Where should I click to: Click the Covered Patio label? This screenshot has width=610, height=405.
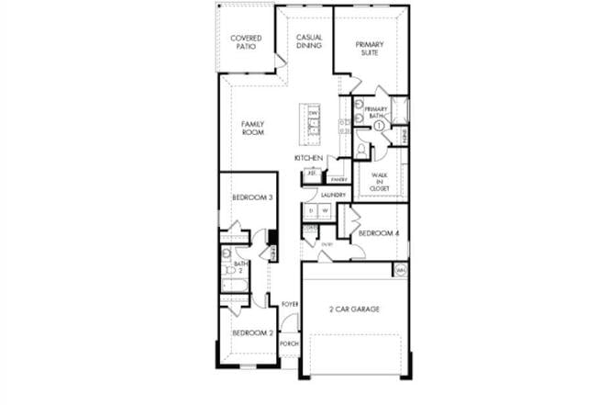246,42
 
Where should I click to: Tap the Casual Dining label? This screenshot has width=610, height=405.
308,40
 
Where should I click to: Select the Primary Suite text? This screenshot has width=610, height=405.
370,48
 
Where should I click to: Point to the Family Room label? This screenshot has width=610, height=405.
253,128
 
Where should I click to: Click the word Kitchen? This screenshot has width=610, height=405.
308,159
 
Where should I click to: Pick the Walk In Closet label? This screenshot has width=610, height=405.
380,181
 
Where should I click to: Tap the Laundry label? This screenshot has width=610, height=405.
332,196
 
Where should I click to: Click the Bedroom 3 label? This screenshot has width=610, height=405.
251,197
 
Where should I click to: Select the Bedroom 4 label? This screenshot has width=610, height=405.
378,233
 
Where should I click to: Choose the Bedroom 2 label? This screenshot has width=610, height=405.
251,332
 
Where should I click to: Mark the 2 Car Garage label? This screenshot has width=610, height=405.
353,309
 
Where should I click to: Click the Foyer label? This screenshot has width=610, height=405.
290,304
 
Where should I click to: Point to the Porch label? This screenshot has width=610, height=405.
290,343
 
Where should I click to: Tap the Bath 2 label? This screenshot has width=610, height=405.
240,267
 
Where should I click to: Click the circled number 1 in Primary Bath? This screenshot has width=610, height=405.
378,126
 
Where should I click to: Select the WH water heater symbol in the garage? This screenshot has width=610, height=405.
400,271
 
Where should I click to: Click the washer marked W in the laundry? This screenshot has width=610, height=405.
325,211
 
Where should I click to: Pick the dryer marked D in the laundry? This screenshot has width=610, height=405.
311,211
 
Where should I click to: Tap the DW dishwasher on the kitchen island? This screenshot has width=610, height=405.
313,113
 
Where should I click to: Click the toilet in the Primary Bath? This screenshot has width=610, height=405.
362,148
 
